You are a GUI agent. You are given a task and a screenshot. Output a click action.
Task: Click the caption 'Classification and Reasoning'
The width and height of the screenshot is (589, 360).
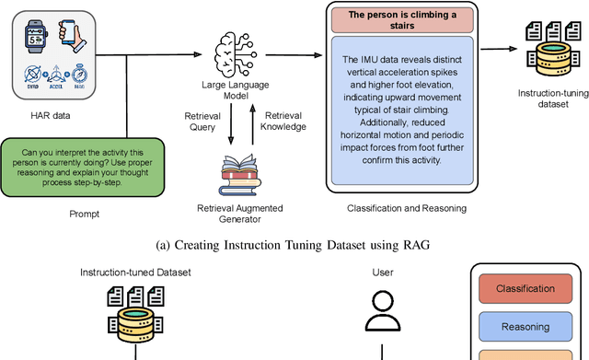pyautogui.click(x=407, y=208)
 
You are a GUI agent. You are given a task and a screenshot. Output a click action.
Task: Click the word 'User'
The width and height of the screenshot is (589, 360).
pyautogui.click(x=382, y=273)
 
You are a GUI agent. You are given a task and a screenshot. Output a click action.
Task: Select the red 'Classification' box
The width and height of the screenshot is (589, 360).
pyautogui.click(x=525, y=289)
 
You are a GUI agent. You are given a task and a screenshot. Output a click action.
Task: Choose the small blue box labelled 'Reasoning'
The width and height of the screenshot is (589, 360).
pyautogui.click(x=525, y=327)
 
